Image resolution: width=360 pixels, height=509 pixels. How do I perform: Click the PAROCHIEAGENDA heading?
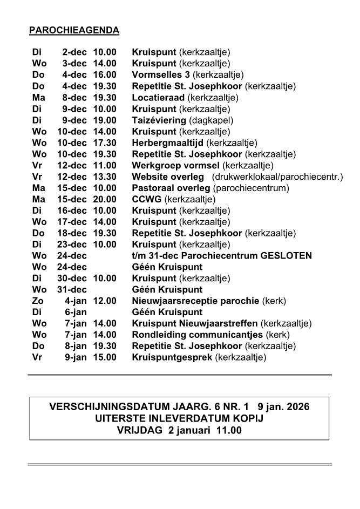click(74, 30)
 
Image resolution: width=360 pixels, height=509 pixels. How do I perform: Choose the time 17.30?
click(104, 143)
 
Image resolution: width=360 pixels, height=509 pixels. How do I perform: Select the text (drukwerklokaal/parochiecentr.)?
click(278, 177)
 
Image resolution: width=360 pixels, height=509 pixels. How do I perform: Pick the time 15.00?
click(104, 357)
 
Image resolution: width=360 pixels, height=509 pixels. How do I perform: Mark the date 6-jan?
click(76, 312)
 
